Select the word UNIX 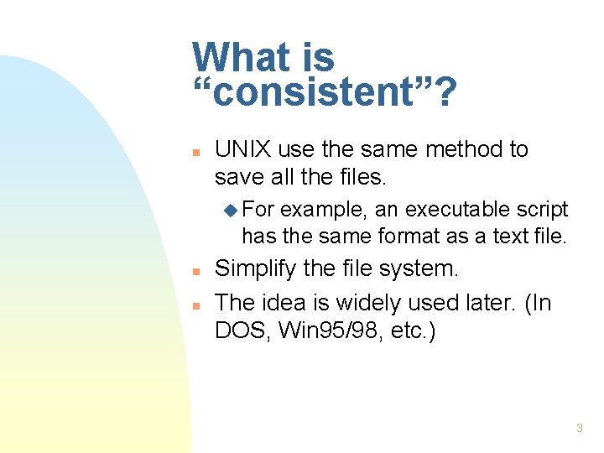(x=242, y=149)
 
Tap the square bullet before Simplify (x=195, y=273)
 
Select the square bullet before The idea (x=195, y=305)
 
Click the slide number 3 (x=579, y=429)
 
